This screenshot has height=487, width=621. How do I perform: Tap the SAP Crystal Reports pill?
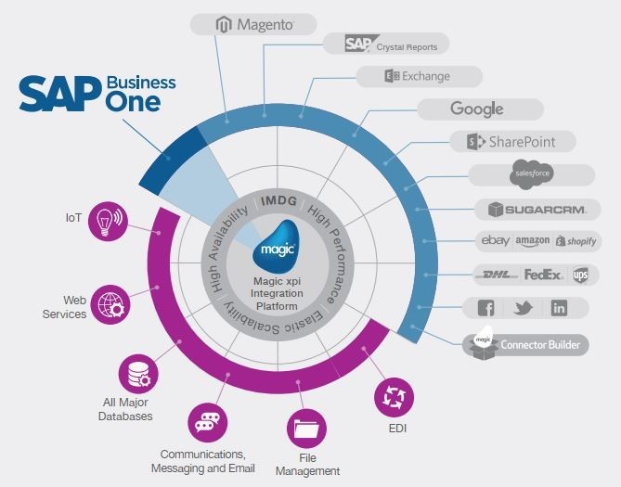[384, 44]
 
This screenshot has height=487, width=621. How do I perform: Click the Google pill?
[478, 109]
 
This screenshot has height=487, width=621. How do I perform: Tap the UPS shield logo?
[580, 275]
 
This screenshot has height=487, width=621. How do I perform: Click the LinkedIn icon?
[559, 308]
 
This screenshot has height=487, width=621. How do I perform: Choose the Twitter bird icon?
[523, 308]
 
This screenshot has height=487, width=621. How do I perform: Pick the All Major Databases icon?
[136, 375]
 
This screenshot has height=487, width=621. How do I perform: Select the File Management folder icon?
[306, 428]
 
